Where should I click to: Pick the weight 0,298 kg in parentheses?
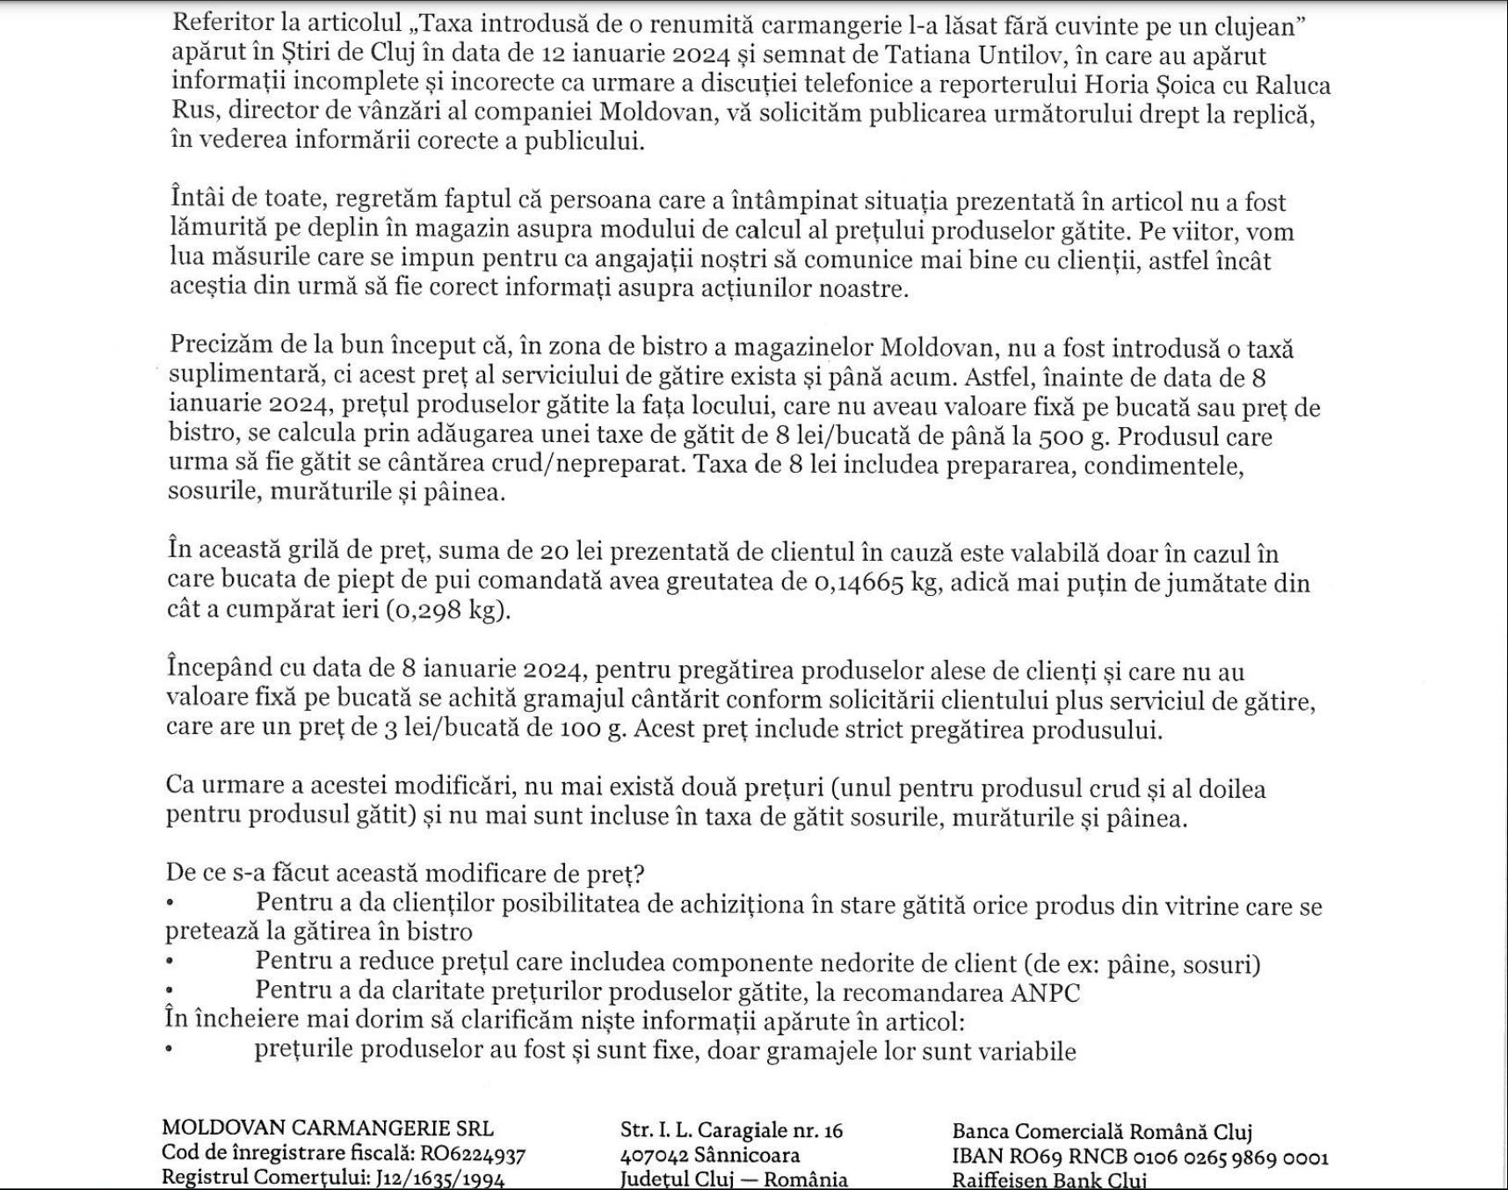pyautogui.click(x=447, y=611)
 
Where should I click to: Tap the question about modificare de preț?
pyautogui.click(x=405, y=874)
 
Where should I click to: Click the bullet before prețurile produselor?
pyautogui.click(x=169, y=1050)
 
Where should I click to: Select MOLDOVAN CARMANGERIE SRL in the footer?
pyautogui.click(x=328, y=1128)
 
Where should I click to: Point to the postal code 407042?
pyautogui.click(x=654, y=1155)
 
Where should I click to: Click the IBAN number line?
pyautogui.click(x=1140, y=1157)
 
